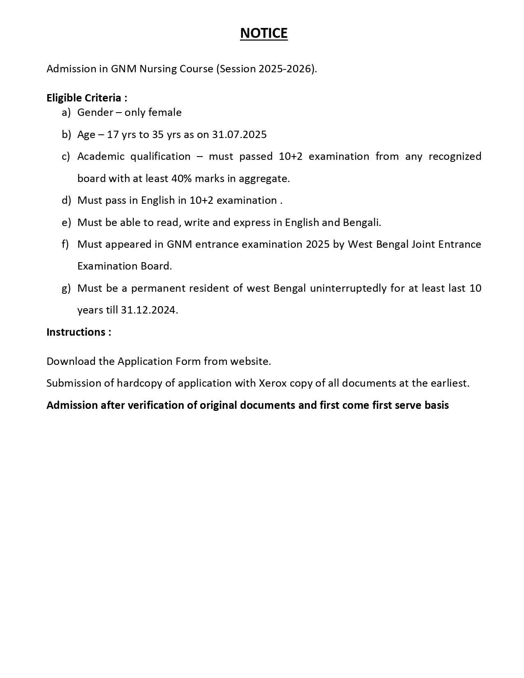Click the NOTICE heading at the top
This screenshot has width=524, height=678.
point(263,33)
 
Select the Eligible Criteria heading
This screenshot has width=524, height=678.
point(87,98)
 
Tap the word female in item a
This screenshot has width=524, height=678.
point(165,112)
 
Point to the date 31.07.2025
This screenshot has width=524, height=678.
point(239,134)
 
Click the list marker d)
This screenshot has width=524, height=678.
point(66,201)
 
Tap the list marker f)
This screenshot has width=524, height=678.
point(65,244)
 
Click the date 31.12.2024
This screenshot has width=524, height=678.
point(149,310)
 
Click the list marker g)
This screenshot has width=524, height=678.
point(66,288)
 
